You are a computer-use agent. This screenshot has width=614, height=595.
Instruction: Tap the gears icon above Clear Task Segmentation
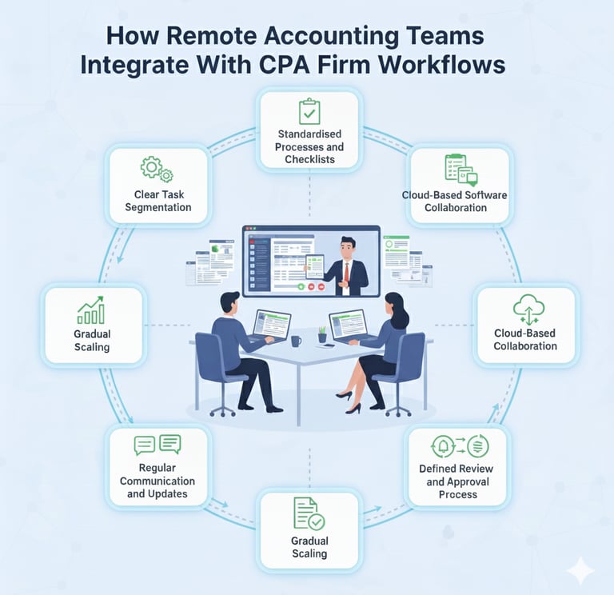pyautogui.click(x=156, y=170)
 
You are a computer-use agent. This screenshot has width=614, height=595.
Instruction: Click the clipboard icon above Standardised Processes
pyautogui.click(x=309, y=111)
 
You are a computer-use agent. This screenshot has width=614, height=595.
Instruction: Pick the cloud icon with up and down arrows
pyautogui.click(x=524, y=308)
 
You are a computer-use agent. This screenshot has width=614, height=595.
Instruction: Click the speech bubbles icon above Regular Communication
pyautogui.click(x=157, y=445)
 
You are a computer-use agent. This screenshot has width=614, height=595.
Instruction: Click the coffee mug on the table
pyautogui.click(x=296, y=341)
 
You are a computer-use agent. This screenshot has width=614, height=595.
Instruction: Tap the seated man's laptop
pyautogui.click(x=270, y=325)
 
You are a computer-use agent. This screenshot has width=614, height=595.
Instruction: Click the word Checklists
pyautogui.click(x=309, y=160)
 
